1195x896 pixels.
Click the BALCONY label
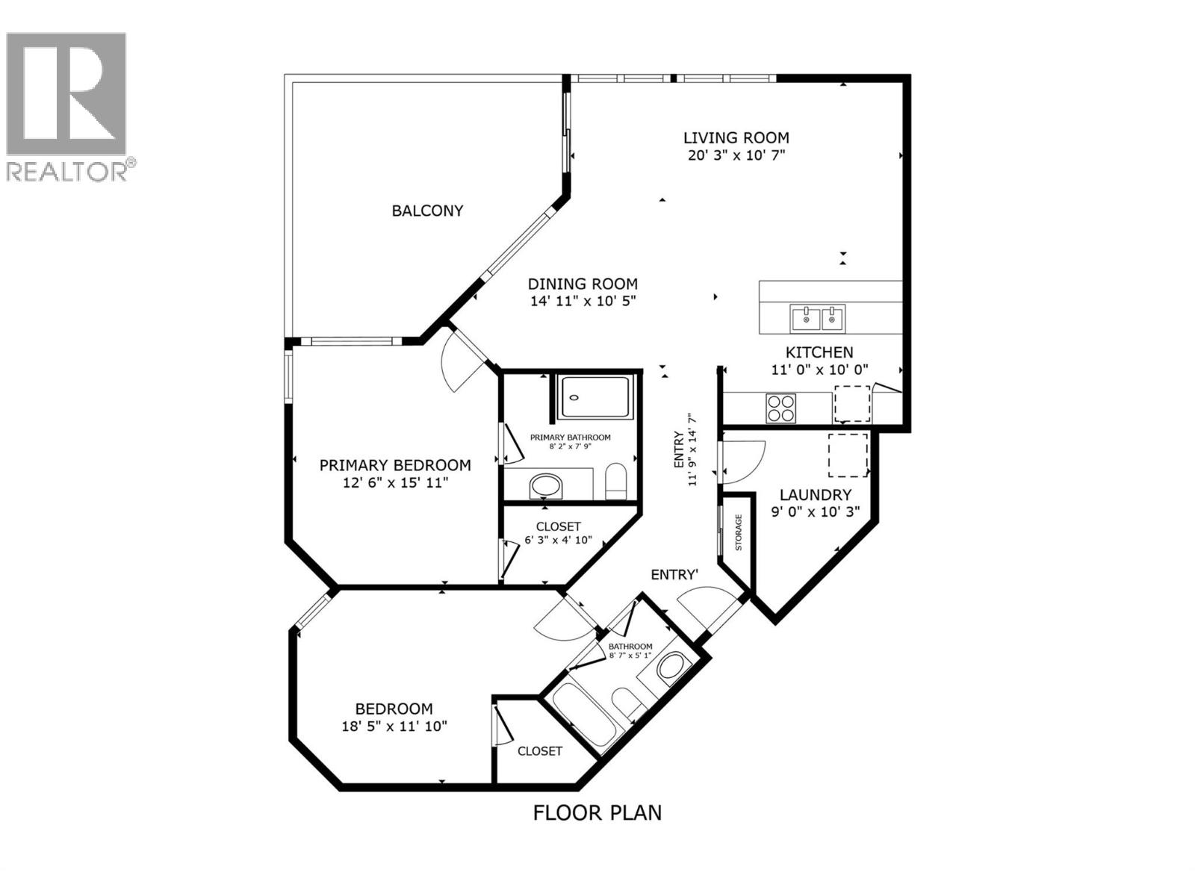pyautogui.click(x=427, y=211)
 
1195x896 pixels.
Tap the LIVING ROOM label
pyautogui.click(x=736, y=137)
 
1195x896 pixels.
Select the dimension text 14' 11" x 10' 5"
pyautogui.click(x=583, y=301)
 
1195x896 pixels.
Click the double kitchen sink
pyautogui.click(x=818, y=319)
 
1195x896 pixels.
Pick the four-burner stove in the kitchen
pyautogui.click(x=780, y=408)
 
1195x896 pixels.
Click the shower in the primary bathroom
pyautogui.click(x=595, y=397)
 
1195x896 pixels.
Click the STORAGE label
pyautogui.click(x=738, y=532)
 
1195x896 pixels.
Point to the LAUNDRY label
pyautogui.click(x=815, y=494)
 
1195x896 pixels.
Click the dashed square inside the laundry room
pyautogui.click(x=848, y=455)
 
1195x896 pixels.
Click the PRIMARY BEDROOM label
pyautogui.click(x=395, y=465)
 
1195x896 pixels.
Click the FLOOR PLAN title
pyautogui.click(x=597, y=812)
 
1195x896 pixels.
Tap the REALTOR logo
pyautogui.click(x=67, y=105)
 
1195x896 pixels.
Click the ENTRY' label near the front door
pyautogui.click(x=674, y=574)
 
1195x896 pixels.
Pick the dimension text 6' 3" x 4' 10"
pyautogui.click(x=558, y=540)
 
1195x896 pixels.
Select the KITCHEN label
pyautogui.click(x=819, y=352)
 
